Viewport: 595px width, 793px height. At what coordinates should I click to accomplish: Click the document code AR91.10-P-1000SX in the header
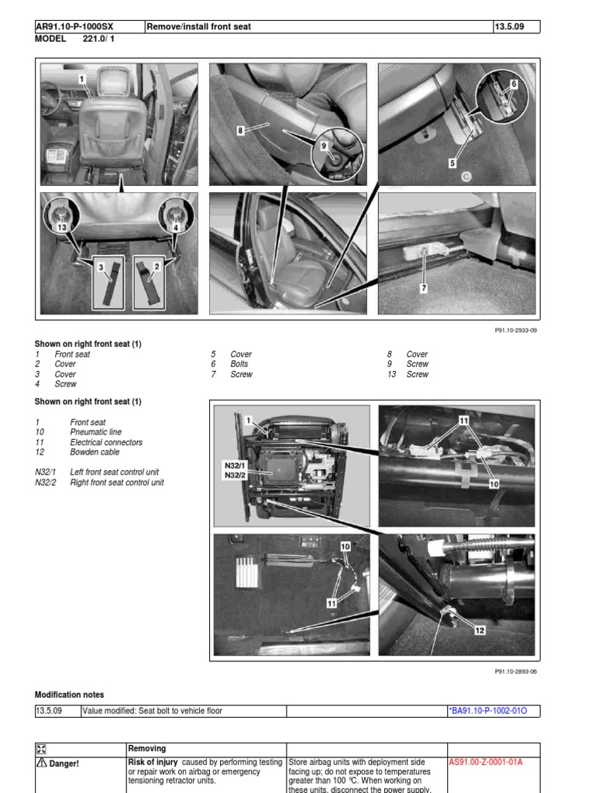[x=74, y=26]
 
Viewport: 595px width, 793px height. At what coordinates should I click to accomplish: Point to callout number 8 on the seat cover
[x=241, y=131]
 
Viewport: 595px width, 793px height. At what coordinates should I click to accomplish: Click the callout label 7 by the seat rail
[x=424, y=288]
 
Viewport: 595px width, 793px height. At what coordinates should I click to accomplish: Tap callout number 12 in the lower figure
[x=480, y=630]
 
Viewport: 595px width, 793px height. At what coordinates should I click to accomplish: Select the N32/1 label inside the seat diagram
[x=233, y=465]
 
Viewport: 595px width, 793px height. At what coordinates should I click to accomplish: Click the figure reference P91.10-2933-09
[x=515, y=329]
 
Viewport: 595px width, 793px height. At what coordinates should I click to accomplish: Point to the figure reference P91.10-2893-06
[x=515, y=671]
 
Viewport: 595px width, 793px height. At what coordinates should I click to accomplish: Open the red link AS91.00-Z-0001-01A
[x=486, y=762]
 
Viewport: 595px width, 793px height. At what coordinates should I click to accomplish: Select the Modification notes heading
[x=69, y=695]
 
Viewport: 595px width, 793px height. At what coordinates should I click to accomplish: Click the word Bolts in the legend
[x=239, y=364]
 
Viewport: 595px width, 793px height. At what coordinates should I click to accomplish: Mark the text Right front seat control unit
[x=117, y=482]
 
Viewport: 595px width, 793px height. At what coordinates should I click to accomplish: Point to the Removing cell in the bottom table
[x=147, y=748]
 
